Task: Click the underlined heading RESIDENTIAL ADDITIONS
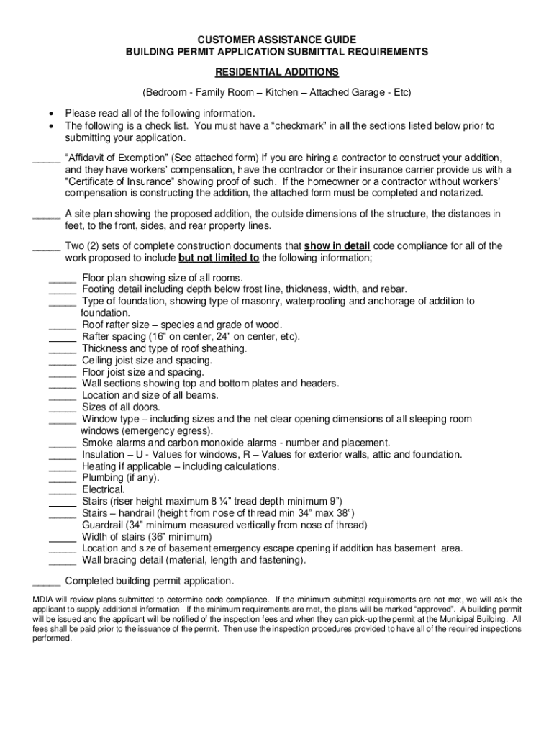point(277,73)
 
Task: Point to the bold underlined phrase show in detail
point(337,246)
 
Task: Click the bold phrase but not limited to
point(219,258)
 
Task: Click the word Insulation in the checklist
point(103,454)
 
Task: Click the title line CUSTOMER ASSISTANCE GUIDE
point(277,40)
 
